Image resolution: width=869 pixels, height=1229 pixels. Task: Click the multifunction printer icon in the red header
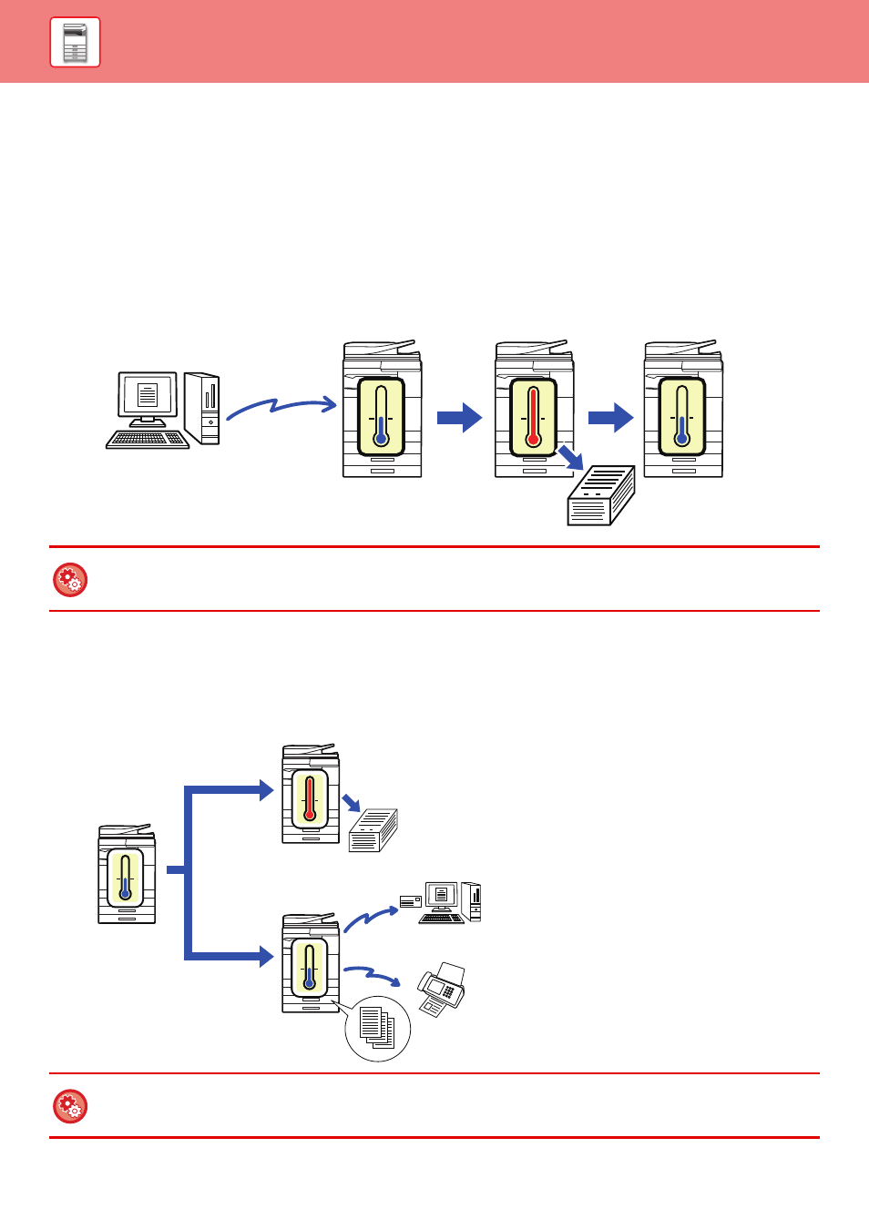tap(75, 42)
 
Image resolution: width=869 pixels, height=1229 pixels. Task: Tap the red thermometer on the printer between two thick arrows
tap(533, 417)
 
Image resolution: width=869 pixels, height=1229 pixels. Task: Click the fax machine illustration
tap(442, 990)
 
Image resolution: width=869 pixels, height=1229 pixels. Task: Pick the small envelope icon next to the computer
tap(411, 901)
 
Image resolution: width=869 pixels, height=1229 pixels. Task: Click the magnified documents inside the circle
tap(377, 1028)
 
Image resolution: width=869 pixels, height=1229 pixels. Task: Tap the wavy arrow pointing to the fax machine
tap(373, 975)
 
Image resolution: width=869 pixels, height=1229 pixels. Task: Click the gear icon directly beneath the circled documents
tap(70, 1106)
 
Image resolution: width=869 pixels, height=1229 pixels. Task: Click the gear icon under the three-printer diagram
tap(70, 580)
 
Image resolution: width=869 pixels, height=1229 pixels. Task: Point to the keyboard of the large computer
tap(148, 440)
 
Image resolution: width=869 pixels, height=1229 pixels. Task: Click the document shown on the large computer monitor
tap(147, 395)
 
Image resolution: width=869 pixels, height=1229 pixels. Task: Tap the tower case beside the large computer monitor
tap(202, 408)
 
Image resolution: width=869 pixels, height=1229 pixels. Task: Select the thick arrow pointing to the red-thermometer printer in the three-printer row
tap(459, 418)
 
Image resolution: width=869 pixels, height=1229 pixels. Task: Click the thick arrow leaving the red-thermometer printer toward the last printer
tap(610, 418)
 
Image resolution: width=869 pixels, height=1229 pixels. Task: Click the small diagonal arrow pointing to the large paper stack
tap(571, 457)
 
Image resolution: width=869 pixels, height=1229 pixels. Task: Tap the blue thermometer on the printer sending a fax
tap(310, 968)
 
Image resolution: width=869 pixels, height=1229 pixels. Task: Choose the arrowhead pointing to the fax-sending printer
tap(265, 956)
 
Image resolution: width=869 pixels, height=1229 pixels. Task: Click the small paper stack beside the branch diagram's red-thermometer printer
tap(373, 829)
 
